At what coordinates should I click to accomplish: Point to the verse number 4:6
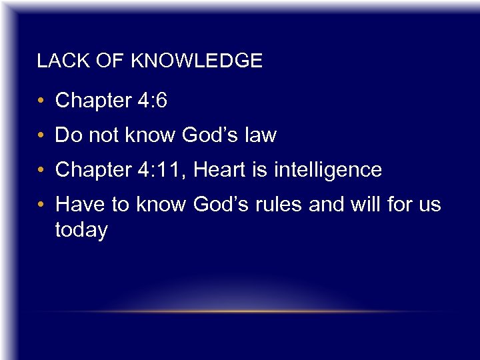[152, 101]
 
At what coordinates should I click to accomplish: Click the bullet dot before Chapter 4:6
[41, 101]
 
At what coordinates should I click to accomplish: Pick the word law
[260, 135]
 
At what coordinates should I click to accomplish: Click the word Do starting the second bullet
[67, 135]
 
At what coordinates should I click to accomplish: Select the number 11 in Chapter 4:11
[174, 170]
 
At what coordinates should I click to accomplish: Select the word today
[81, 231]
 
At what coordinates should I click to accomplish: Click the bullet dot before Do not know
[41, 136]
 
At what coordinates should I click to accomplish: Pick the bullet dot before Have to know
[41, 205]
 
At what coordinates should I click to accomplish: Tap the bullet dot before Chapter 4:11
[41, 171]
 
